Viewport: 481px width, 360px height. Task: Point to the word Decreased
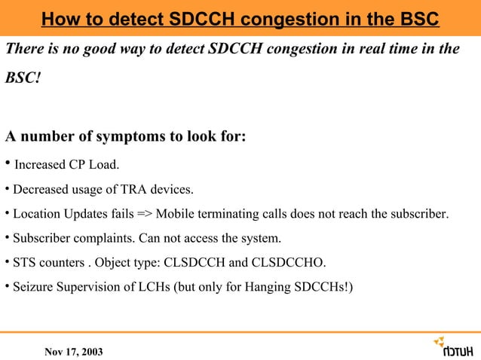point(41,189)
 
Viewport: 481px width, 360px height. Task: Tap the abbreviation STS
point(25,264)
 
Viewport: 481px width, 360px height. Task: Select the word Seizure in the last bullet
point(34,288)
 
